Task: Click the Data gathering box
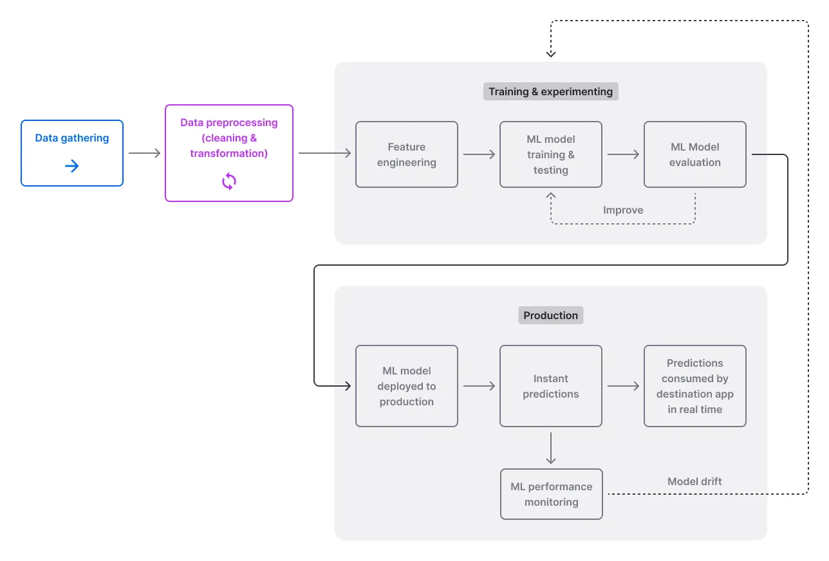pyautogui.click(x=72, y=152)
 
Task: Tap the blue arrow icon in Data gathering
pyautogui.click(x=72, y=167)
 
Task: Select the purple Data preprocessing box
pyautogui.click(x=229, y=152)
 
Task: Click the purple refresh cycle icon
pyautogui.click(x=229, y=182)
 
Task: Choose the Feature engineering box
pyautogui.click(x=407, y=154)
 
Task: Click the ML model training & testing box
pyautogui.click(x=551, y=154)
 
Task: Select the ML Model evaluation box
pyautogui.click(x=695, y=154)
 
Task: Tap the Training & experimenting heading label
pyautogui.click(x=551, y=91)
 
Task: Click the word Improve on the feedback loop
pyautogui.click(x=623, y=210)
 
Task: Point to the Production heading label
pyautogui.click(x=551, y=315)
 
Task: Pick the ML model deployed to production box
pyautogui.click(x=407, y=386)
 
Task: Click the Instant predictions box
pyautogui.click(x=551, y=386)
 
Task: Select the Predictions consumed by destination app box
pyautogui.click(x=695, y=386)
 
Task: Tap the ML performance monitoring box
pyautogui.click(x=552, y=494)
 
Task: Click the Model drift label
pyautogui.click(x=694, y=481)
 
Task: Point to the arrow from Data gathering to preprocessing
pyautogui.click(x=144, y=153)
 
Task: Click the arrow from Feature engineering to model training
pyautogui.click(x=479, y=154)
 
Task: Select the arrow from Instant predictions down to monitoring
pyautogui.click(x=551, y=448)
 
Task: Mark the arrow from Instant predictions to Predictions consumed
pyautogui.click(x=623, y=386)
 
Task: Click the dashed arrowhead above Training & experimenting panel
pyautogui.click(x=551, y=53)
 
